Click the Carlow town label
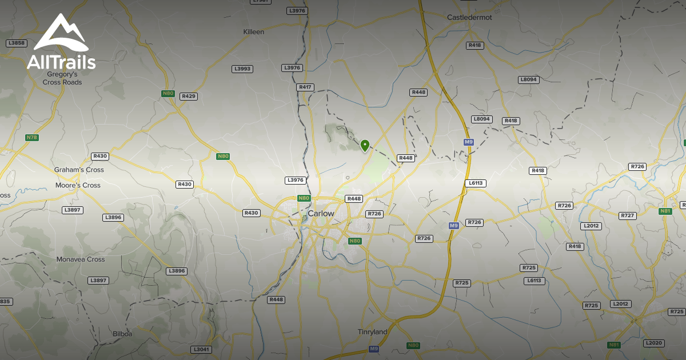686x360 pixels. pos(321,213)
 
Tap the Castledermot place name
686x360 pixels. pos(469,18)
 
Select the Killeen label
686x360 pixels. pos(254,32)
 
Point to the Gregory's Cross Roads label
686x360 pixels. pos(62,78)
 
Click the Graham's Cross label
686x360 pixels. pos(79,170)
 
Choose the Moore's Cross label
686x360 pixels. pos(78,185)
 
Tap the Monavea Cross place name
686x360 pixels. pos(81,259)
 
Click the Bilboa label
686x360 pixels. pos(122,333)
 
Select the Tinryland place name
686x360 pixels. pos(372,332)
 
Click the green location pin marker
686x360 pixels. pos(365,145)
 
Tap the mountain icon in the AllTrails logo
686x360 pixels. pos(61,35)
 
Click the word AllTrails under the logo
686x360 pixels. pos(61,62)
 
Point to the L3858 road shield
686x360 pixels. pos(17,43)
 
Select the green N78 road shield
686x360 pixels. pos(32,138)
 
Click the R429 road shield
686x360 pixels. pos(189,97)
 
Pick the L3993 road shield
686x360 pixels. pos(242,69)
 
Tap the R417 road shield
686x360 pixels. pos(305,87)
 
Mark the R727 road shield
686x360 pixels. pos(628,215)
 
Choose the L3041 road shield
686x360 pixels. pos(202,349)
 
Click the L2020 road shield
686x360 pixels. pos(652,343)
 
